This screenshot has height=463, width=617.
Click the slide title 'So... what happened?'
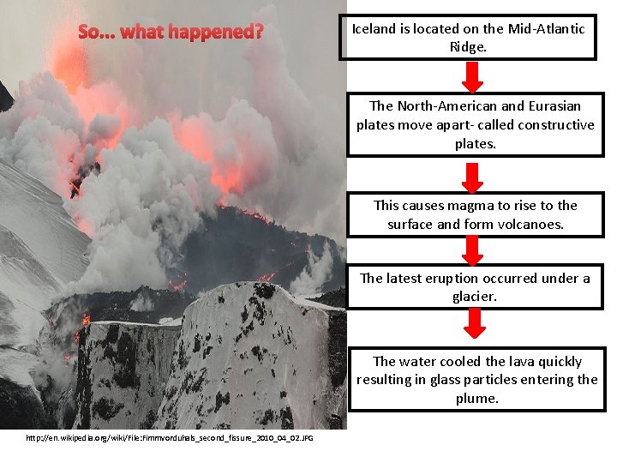(x=171, y=33)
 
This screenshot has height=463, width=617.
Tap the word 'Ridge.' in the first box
(x=468, y=47)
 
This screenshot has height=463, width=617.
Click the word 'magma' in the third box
(x=468, y=206)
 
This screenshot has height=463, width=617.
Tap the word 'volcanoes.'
(x=531, y=225)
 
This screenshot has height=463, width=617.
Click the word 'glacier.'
(x=475, y=297)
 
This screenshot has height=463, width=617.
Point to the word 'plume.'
(x=476, y=399)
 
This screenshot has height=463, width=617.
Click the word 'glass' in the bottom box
(x=444, y=380)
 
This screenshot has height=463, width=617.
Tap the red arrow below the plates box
(x=473, y=177)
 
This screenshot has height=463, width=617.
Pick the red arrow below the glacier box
(x=474, y=323)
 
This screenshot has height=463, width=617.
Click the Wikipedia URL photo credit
(x=170, y=438)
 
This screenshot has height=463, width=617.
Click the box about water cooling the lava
(x=476, y=380)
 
